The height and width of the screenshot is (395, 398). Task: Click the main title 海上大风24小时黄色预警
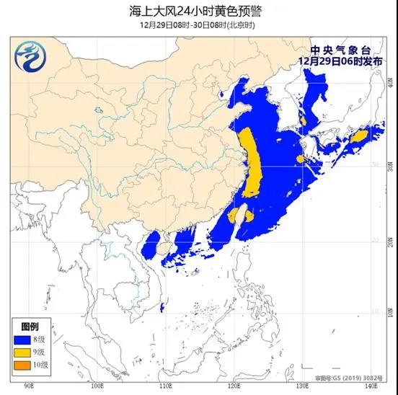[198, 10]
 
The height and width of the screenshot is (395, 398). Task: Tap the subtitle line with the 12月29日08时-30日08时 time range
[198, 25]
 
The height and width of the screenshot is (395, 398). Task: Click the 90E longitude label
[29, 387]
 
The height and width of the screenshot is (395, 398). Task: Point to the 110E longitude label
[164, 387]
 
